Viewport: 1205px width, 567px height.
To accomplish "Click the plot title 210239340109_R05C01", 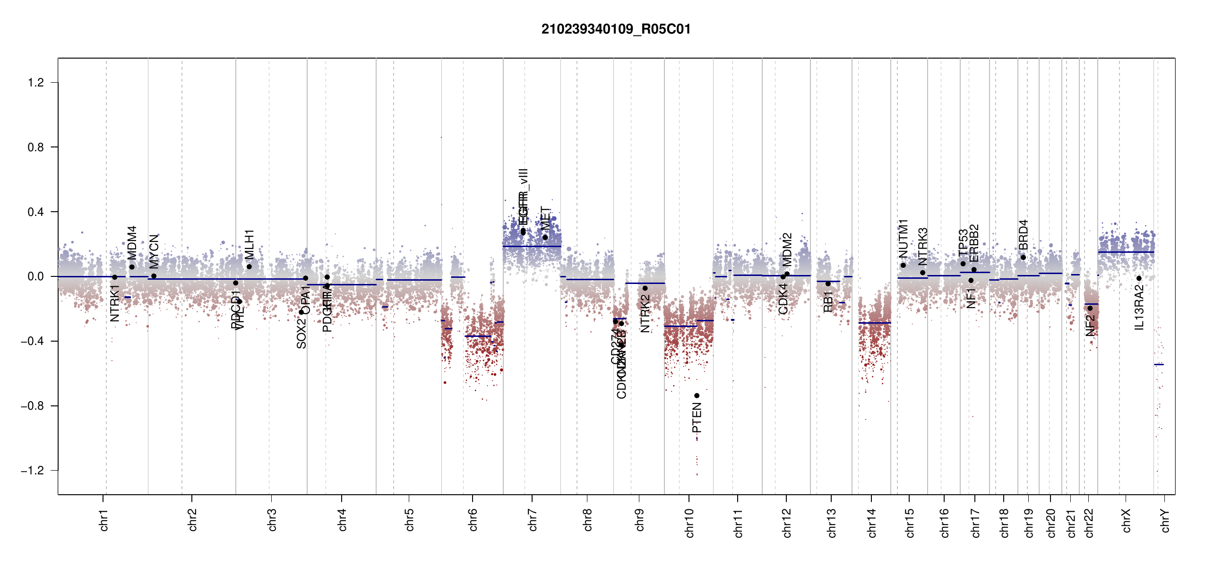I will click(616, 29).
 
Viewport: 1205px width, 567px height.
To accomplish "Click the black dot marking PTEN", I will click(697, 395).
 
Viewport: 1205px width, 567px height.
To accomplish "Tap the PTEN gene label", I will click(697, 418).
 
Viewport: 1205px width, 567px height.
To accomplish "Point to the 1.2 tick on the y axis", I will click(36, 83).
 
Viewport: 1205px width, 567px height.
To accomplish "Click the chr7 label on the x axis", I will click(533, 520).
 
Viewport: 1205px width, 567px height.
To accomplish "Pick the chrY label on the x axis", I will click(1165, 520).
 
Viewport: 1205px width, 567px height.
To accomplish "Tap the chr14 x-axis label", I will click(872, 523).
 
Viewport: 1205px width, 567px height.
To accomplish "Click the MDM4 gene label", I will click(132, 242).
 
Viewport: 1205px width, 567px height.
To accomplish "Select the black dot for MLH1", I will click(249, 266).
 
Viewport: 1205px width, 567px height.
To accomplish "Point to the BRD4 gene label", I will click(1023, 235).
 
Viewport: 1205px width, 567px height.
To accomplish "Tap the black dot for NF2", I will click(1090, 308).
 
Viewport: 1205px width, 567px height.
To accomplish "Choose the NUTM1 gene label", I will click(903, 239).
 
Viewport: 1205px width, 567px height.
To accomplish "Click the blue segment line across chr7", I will click(532, 246).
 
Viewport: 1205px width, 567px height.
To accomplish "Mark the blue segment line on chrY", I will click(1159, 364).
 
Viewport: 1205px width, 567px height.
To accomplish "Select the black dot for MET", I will click(545, 237).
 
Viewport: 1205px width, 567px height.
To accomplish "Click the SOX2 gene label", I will click(301, 334).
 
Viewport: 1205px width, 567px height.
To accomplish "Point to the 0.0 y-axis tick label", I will click(36, 276).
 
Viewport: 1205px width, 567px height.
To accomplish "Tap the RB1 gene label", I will click(828, 301).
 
